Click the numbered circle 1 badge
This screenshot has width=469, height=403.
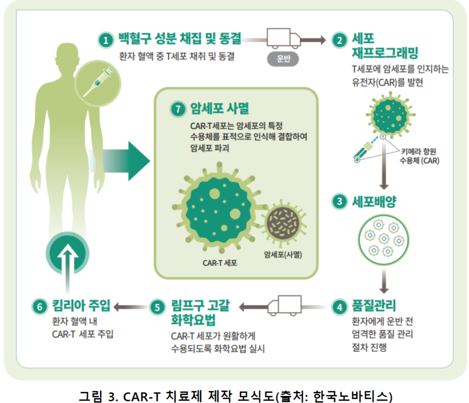click(106, 40)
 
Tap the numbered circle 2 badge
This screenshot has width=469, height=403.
click(340, 40)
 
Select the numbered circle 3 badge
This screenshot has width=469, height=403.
click(340, 201)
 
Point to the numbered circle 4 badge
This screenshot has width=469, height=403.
click(340, 307)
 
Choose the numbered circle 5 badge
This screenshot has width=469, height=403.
click(158, 307)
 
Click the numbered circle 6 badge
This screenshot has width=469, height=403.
click(40, 306)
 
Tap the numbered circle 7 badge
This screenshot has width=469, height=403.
click(178, 109)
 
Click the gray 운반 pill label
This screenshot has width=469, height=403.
click(283, 59)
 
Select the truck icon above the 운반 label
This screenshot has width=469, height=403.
click(283, 38)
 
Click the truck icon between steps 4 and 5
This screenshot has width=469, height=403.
click(285, 305)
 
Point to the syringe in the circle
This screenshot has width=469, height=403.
click(98, 82)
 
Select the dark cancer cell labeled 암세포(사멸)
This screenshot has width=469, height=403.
click(283, 223)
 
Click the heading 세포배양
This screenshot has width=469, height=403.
click(374, 202)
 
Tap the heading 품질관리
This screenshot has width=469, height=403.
click(374, 306)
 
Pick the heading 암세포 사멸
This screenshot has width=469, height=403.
click(219, 108)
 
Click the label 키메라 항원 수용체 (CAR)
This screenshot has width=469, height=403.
click(420, 156)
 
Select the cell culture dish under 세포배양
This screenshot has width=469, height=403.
click(384, 240)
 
